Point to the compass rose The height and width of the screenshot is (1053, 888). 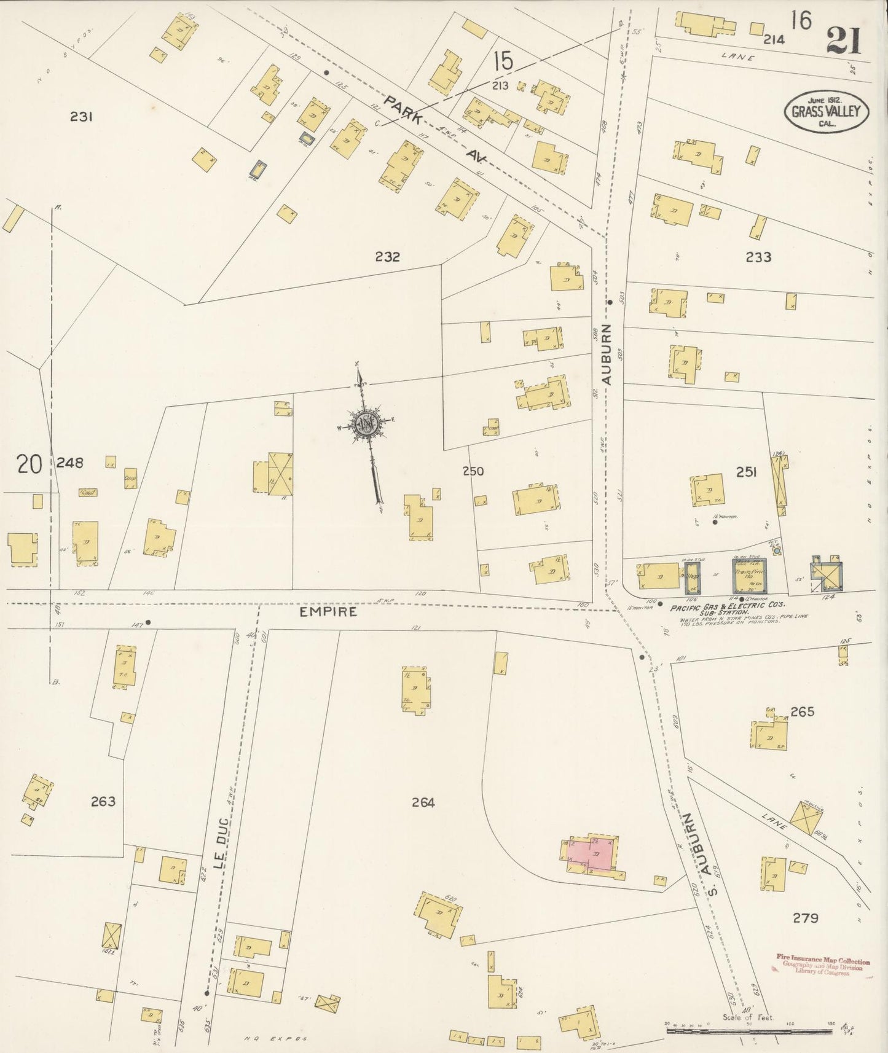pos(366,424)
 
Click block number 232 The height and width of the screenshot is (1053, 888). pos(387,257)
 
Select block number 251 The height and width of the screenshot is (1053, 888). pos(746,472)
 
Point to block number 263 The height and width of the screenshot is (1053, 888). pos(103,801)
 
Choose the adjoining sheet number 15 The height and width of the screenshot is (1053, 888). pos(502,61)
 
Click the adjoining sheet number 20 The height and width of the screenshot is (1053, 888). pos(29,464)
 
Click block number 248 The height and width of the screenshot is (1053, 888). pos(69,463)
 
